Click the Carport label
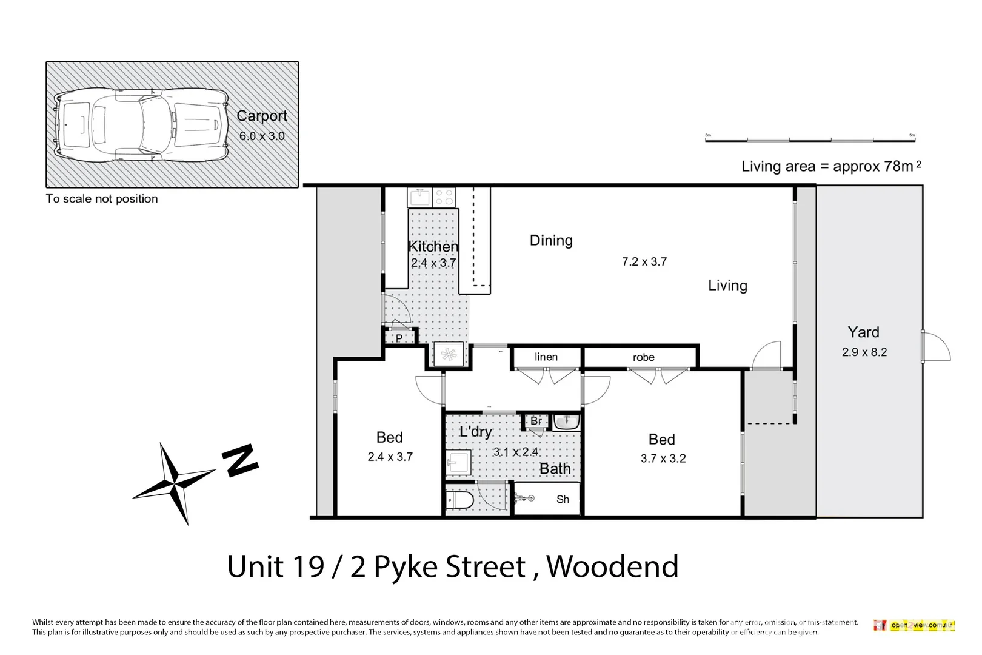tap(261, 116)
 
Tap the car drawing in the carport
tap(141, 124)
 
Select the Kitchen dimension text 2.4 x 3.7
tap(433, 263)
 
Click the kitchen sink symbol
tap(419, 197)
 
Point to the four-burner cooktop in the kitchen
tap(444, 197)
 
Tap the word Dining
tap(550, 241)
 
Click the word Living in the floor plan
tap(727, 286)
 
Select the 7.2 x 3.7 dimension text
tap(644, 262)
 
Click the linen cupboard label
tap(546, 357)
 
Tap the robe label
tap(643, 358)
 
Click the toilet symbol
tap(456, 501)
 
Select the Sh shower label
tap(563, 500)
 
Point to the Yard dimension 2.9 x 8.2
tap(864, 352)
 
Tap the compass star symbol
tap(174, 483)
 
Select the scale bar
tap(810, 140)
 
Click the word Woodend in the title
tap(612, 566)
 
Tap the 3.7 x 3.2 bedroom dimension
tap(663, 459)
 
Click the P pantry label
tap(399, 338)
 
